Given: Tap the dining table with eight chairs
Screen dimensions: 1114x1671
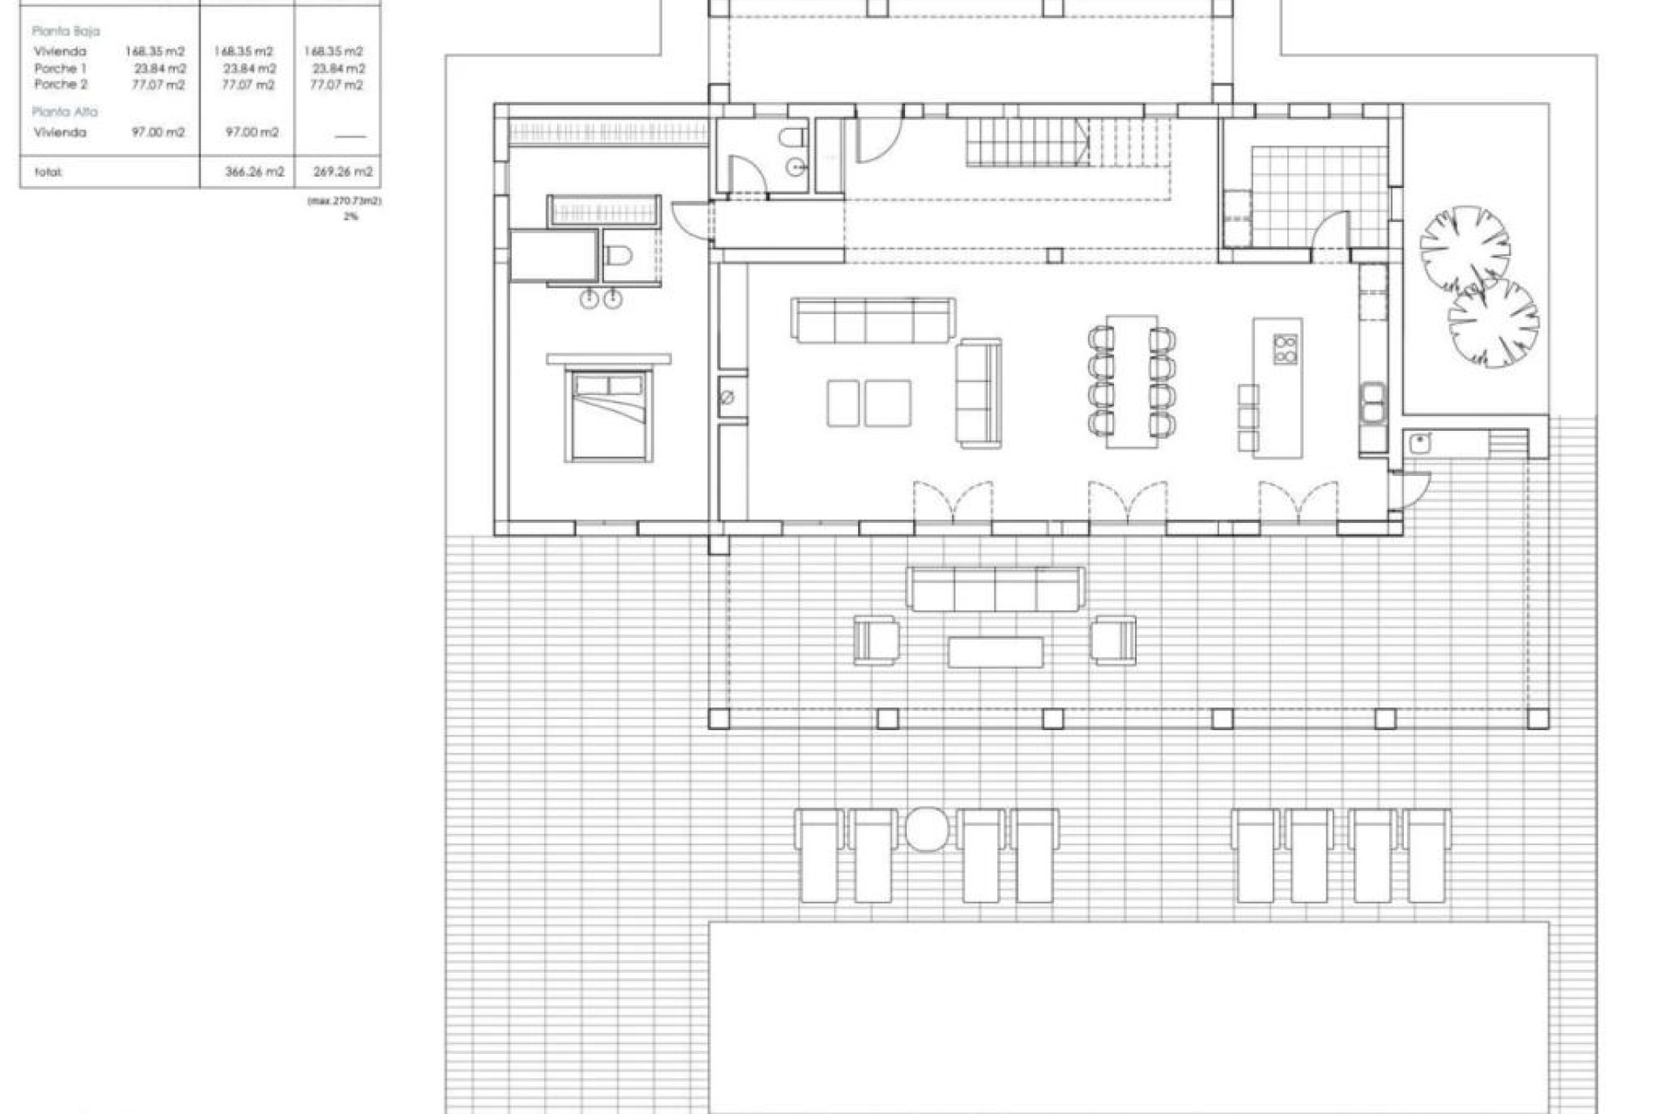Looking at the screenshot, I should tap(1131, 381).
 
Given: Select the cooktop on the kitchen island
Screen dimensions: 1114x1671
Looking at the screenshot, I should tap(1285, 348).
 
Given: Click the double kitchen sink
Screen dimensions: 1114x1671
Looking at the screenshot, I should tap(1372, 405).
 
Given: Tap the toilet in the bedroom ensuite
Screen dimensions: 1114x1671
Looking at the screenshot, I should tap(619, 256).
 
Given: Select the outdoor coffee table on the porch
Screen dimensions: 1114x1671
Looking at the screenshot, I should tap(996, 651).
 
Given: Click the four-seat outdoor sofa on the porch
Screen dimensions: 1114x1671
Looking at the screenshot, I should tap(996, 589).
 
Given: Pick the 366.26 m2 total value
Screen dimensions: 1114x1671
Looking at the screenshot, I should tap(254, 172).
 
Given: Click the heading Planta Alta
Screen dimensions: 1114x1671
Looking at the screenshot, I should tap(64, 111).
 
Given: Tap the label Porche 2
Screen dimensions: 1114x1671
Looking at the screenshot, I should tap(61, 84).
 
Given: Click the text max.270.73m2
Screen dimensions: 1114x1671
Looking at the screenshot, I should tap(345, 201).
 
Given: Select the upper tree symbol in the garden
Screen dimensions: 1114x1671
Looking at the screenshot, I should tap(1465, 249).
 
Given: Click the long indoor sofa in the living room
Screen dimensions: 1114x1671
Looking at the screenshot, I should tap(873, 319).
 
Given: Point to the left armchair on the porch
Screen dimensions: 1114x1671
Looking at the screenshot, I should tap(876, 640).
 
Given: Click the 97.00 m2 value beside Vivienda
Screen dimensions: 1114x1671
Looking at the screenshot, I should tap(158, 132).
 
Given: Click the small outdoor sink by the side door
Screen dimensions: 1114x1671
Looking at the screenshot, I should tap(1419, 443).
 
